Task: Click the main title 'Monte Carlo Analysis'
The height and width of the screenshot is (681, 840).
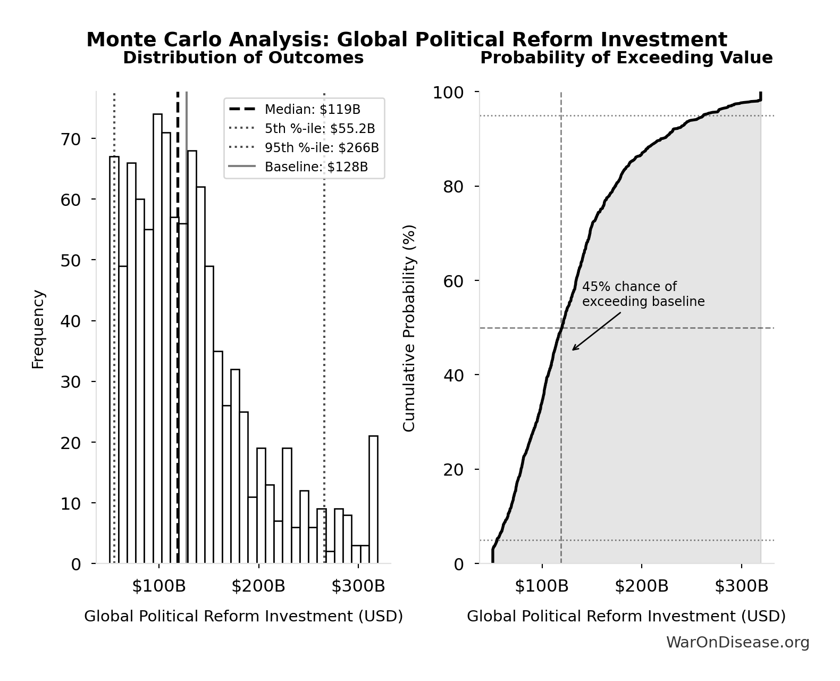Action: click(407, 40)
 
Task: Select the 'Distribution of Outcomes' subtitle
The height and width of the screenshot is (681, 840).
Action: click(243, 58)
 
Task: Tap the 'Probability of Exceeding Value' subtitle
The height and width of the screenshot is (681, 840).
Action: click(626, 58)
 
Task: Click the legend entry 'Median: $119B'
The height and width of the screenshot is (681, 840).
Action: click(312, 110)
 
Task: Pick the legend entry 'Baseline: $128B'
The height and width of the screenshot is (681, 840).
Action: click(316, 167)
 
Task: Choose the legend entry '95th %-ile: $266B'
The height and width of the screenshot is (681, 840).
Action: click(321, 148)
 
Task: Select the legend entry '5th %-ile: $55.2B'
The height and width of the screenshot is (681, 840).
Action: click(320, 129)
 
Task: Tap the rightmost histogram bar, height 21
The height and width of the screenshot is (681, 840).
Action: click(373, 500)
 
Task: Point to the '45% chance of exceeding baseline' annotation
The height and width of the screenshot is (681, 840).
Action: click(643, 294)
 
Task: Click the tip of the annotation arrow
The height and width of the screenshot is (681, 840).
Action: click(573, 350)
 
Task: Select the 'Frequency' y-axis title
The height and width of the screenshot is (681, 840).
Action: click(38, 329)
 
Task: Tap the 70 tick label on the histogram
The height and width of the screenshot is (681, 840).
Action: click(70, 139)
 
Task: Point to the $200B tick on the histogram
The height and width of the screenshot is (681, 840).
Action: click(258, 586)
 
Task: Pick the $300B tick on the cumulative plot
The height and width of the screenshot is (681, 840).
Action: click(741, 586)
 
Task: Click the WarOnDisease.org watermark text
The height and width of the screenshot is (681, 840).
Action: click(737, 643)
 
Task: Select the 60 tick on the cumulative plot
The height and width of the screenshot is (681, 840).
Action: click(453, 281)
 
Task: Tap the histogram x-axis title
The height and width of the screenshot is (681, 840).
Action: click(243, 616)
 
